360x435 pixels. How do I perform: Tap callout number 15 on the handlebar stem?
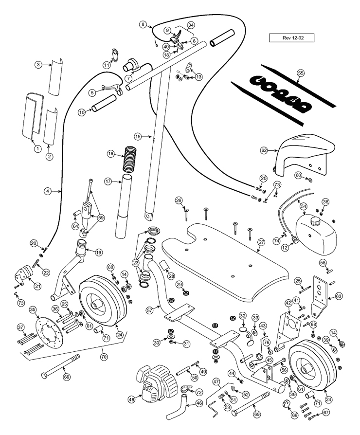coord(138,137)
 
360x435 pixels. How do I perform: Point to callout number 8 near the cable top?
coord(143,24)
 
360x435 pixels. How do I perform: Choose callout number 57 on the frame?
coord(149,308)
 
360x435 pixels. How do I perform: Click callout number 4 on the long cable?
coord(48,191)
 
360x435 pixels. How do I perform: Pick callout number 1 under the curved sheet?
coord(36,149)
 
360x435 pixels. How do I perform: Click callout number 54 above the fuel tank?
coord(303,206)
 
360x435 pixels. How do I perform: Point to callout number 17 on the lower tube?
coord(108,182)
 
